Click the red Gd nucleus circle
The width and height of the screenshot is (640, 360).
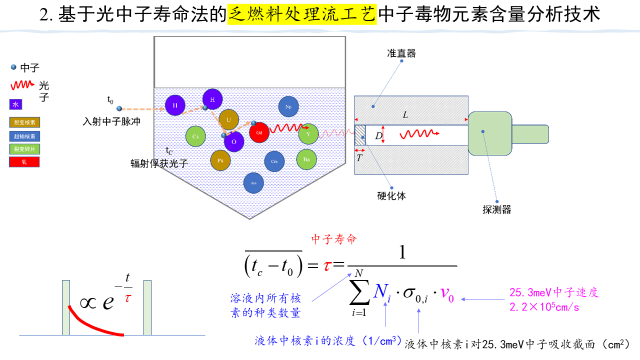tap(259, 133)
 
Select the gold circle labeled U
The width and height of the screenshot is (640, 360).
tap(228, 119)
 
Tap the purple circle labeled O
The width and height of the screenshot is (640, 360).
tap(234, 141)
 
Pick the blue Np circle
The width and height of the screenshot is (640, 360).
tap(288, 106)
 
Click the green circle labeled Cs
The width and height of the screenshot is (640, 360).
tap(195, 136)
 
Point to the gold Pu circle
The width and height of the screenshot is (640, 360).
tap(220, 160)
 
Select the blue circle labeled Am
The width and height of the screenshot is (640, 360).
tap(253, 183)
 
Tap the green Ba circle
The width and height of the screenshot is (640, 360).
tap(307, 159)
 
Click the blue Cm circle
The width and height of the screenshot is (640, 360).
tap(274, 161)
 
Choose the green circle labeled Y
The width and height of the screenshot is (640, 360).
tap(308, 133)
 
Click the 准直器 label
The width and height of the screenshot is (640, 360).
tap(401, 53)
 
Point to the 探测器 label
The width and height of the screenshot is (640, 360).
tap(496, 209)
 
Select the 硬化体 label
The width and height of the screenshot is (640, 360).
tap(391, 196)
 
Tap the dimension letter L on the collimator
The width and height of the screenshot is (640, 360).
tap(405, 115)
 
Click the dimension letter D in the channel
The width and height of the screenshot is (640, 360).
tap(378, 135)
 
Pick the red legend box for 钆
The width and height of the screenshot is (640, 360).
tap(24, 162)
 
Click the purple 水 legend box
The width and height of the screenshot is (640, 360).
tap(15, 104)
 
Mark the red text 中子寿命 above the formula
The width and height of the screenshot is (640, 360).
tap(334, 239)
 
